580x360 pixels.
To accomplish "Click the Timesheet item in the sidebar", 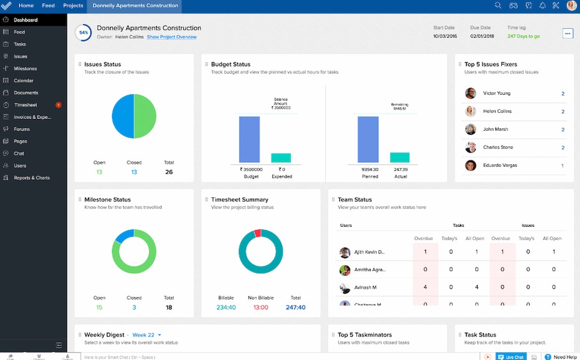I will coord(25,105).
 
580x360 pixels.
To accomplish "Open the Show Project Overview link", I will coord(172,37).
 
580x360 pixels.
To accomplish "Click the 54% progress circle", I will coord(84,33).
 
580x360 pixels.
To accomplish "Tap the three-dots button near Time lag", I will coord(567,33).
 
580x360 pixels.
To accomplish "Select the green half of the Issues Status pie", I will coord(145,116).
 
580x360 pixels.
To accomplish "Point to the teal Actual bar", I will coord(400,157).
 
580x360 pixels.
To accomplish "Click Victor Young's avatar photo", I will coord(470,93).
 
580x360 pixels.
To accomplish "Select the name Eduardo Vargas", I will coord(500,165).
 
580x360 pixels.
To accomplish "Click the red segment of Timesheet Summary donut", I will coord(258,233).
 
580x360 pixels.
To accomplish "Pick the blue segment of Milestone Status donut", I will coord(124,235).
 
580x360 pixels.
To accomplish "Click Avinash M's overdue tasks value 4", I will coord(425,287).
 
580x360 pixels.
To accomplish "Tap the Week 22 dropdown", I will coord(146,335).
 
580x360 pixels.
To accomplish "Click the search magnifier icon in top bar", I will coord(498,6).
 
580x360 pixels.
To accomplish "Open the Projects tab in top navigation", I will coord(73,6).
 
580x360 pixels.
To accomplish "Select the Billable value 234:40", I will coord(226,307).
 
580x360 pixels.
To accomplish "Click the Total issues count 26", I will coord(169,172).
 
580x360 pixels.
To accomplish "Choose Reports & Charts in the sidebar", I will coord(31,178).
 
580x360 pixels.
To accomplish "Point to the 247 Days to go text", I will coord(523,36).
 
